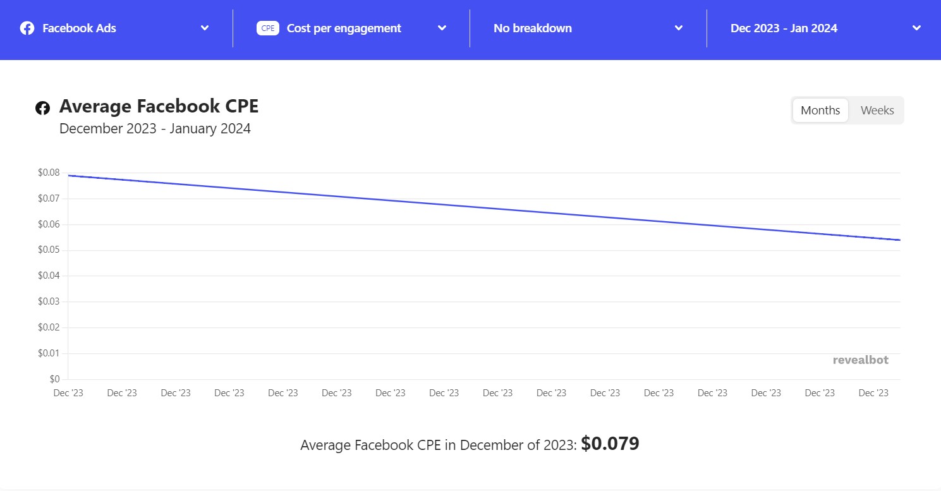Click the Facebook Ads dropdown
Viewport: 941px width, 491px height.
click(x=115, y=28)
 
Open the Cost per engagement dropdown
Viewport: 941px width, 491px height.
click(x=351, y=28)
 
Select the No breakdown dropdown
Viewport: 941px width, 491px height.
click(x=588, y=28)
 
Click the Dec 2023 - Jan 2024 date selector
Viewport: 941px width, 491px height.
click(x=825, y=28)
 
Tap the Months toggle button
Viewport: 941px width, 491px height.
click(x=820, y=111)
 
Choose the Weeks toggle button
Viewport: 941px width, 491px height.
click(x=877, y=111)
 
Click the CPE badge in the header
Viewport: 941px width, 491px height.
click(x=268, y=28)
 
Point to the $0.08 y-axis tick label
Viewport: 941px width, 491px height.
click(x=49, y=173)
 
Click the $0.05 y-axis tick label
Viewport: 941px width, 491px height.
click(x=49, y=250)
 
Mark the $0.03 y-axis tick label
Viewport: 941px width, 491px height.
click(x=49, y=301)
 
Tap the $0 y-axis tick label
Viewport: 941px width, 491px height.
click(x=55, y=379)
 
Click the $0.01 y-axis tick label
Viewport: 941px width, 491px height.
click(x=49, y=353)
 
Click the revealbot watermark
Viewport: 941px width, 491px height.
click(x=860, y=360)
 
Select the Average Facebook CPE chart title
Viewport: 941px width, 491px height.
click(x=159, y=107)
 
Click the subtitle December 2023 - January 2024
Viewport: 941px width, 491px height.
click(x=155, y=129)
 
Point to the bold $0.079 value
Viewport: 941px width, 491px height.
click(x=610, y=444)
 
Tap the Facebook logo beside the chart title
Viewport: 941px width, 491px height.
click(x=42, y=108)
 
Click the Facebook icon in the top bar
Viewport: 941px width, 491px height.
click(x=27, y=28)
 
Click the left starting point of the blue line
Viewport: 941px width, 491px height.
click(x=69, y=176)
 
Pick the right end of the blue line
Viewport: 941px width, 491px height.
click(x=899, y=240)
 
